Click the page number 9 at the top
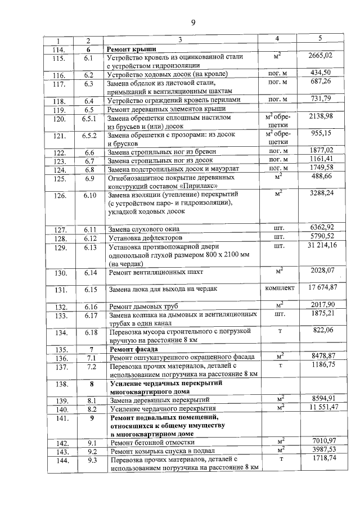click(193, 22)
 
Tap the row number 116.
click(58, 75)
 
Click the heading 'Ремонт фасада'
click(130, 349)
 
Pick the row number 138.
click(58, 385)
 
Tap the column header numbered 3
click(180, 40)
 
